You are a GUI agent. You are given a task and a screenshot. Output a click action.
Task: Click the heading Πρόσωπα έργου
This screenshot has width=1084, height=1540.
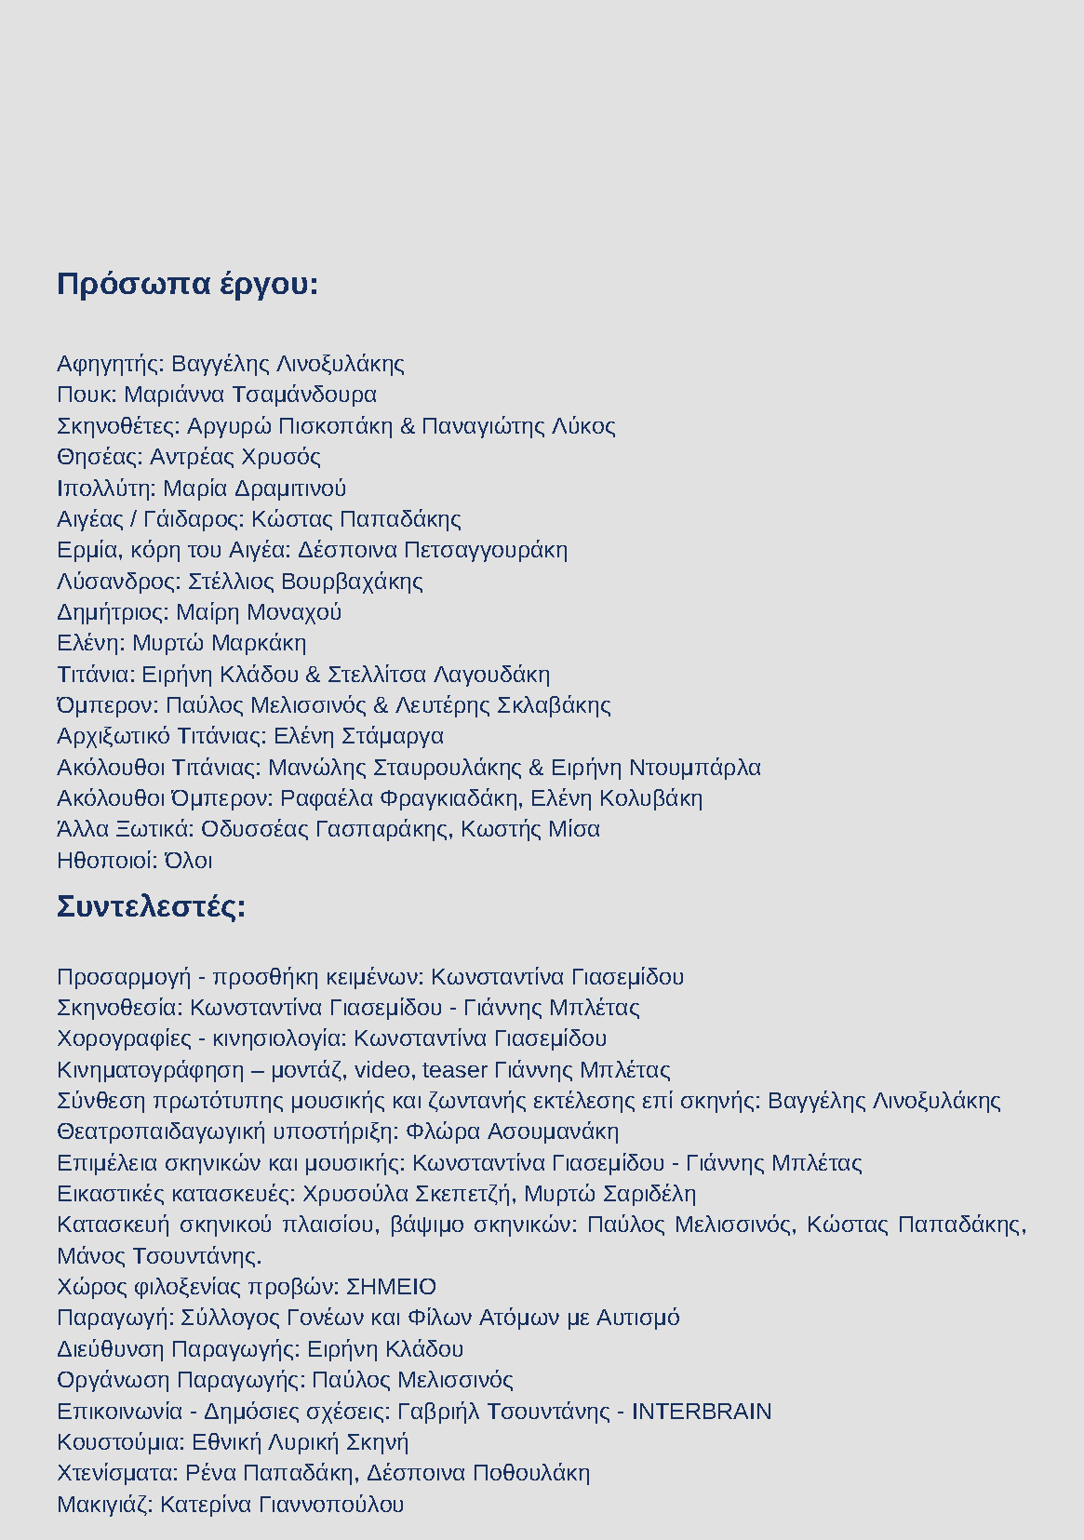pos(187,284)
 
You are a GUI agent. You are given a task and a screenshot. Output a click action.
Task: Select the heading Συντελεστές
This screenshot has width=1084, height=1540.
pos(151,906)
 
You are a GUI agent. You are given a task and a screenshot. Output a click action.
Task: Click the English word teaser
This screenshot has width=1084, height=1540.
pos(455,1070)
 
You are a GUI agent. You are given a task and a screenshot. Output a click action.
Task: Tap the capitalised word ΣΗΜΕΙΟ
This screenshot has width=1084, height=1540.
pos(391,1287)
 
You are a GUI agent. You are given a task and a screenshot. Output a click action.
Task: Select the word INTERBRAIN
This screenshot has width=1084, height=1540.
pos(702,1412)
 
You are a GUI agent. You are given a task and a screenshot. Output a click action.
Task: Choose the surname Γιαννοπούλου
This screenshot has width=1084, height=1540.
pos(331,1505)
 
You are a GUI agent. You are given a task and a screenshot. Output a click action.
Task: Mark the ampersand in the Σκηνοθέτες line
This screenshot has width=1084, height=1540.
pos(408,426)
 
